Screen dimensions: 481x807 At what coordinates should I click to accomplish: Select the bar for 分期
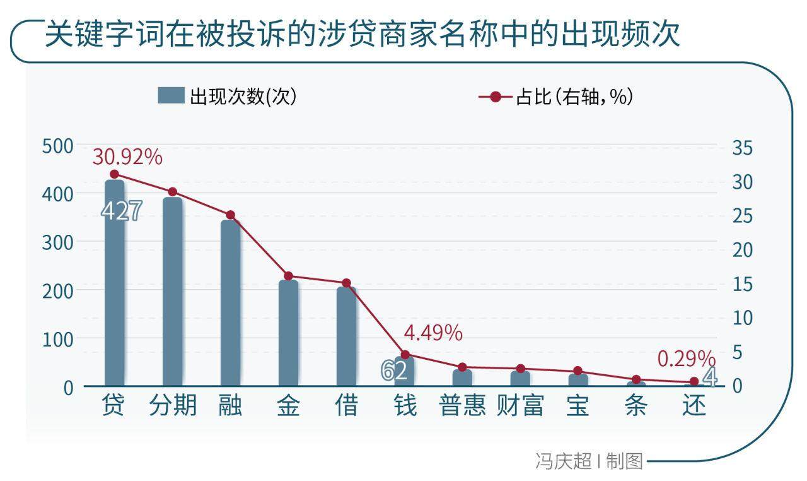coord(172,290)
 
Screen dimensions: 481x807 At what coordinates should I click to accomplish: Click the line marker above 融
coord(230,215)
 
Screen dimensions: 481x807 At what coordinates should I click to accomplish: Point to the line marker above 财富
coord(520,369)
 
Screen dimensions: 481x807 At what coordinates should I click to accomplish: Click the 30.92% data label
coord(127,157)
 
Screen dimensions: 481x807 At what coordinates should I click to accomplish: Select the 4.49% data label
coord(433,333)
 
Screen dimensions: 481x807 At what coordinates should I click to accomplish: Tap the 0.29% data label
coord(686,359)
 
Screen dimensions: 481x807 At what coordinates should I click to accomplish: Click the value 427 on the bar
coord(122,211)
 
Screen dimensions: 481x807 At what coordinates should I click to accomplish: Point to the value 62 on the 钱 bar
coord(394,371)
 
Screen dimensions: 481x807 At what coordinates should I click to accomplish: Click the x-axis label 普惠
coord(462,405)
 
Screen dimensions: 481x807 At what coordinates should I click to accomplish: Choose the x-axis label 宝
coord(578,405)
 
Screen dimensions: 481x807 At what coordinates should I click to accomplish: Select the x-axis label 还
coord(694,405)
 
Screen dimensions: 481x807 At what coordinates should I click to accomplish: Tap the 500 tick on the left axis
coord(57,146)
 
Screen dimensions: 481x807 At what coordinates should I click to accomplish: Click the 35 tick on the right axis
coord(743,148)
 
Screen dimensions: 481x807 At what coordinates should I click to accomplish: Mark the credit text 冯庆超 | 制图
coord(589,461)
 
